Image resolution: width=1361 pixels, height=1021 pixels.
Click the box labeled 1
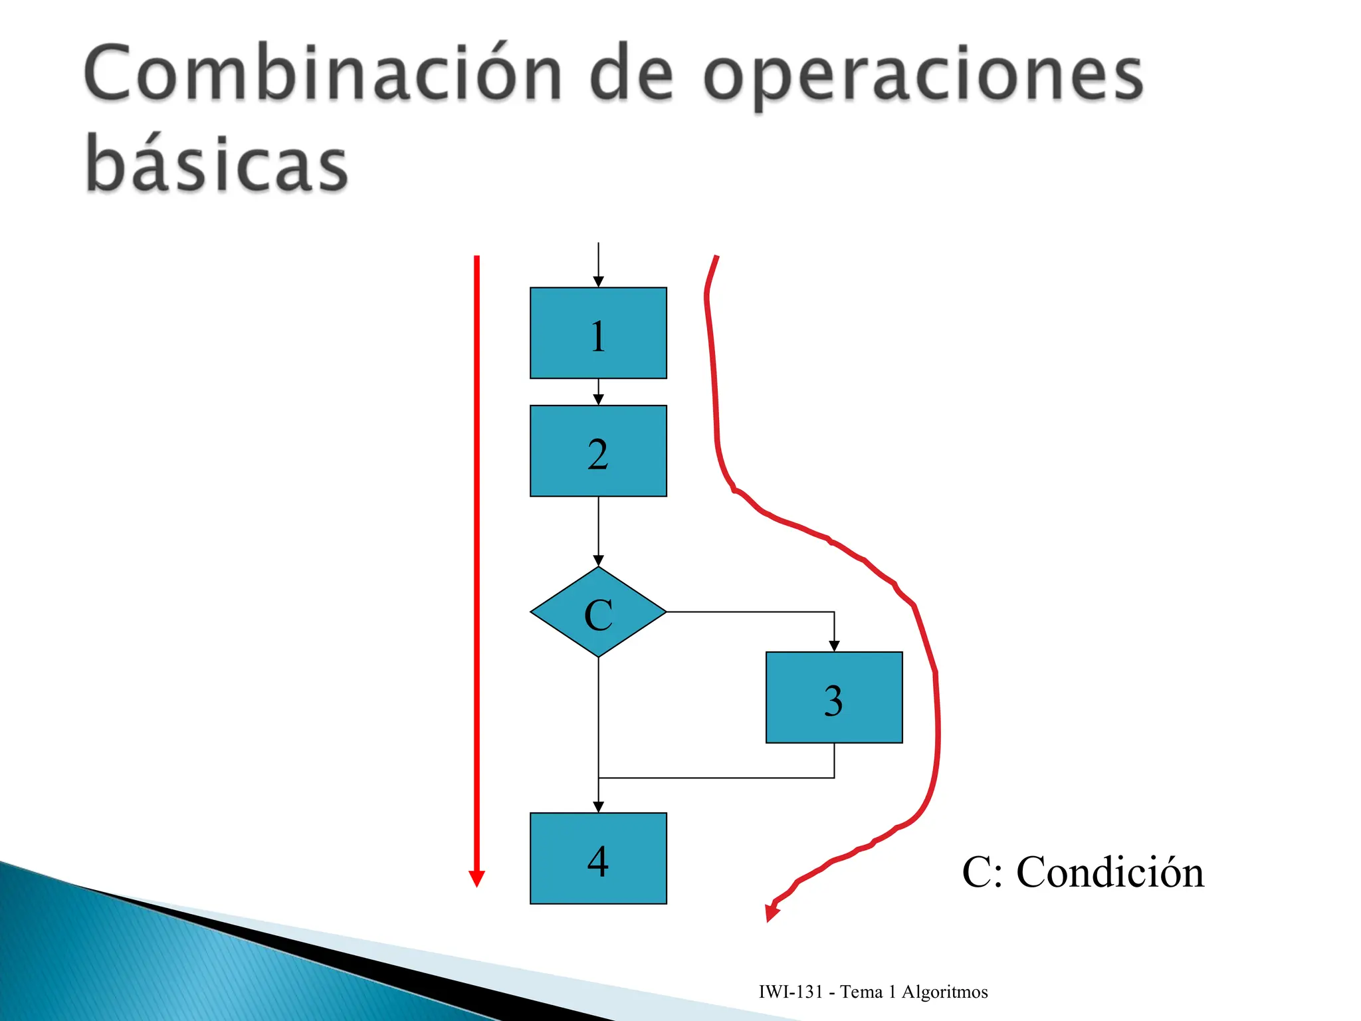(598, 333)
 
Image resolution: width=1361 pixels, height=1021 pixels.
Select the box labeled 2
(598, 451)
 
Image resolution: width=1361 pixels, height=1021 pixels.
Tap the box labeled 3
(834, 697)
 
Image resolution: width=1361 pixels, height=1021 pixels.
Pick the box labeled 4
(598, 858)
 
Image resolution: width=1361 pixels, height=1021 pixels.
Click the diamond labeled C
(598, 612)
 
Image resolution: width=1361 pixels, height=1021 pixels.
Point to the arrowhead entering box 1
(598, 282)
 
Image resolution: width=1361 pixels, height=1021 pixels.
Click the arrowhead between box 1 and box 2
(598, 399)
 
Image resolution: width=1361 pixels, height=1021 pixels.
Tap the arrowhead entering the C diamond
(598, 560)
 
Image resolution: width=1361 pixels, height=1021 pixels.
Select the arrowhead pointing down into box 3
(834, 646)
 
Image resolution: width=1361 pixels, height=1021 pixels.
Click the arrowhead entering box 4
(598, 807)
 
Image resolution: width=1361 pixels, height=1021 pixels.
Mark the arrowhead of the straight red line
(476, 879)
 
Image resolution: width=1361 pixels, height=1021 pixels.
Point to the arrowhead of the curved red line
(772, 913)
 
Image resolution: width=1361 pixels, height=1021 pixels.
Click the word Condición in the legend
(1110, 872)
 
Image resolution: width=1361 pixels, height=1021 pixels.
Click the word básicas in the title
(217, 163)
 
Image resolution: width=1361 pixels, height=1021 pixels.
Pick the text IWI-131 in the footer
(791, 992)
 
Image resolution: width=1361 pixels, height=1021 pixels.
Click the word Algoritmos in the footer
(944, 992)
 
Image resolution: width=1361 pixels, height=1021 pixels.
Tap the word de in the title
(631, 74)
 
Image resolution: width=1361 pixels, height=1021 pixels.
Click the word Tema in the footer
(861, 992)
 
